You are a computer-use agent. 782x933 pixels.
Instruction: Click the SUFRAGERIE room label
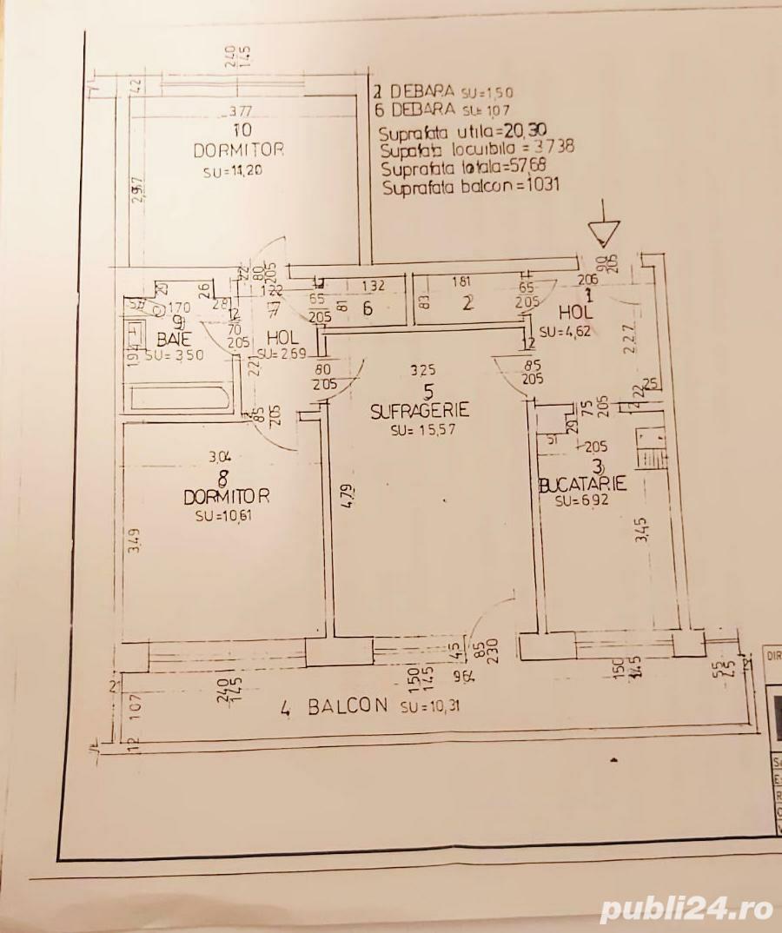point(420,411)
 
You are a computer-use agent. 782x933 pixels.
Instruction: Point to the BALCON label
point(347,706)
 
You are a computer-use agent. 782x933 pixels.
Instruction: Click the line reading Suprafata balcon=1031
point(468,183)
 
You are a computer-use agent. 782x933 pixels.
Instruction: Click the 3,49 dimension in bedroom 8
point(132,550)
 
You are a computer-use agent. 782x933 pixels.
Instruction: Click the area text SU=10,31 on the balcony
point(430,706)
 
